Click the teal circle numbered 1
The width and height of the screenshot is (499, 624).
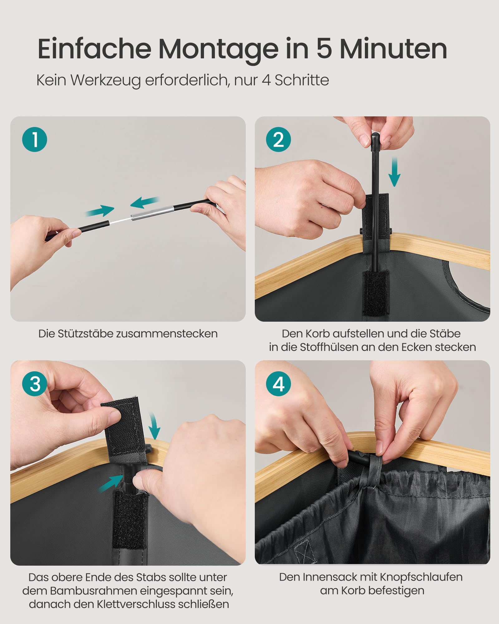point(35,139)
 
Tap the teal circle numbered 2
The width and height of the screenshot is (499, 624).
point(278,139)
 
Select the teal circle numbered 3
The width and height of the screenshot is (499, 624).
point(35,383)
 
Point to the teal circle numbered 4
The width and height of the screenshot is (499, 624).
point(278,383)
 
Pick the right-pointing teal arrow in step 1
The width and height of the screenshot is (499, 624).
point(100,211)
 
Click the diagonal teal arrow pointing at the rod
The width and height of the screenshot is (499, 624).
point(111,483)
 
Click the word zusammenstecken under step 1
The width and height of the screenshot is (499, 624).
point(167,334)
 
